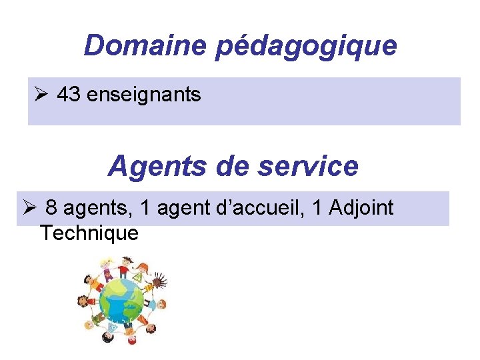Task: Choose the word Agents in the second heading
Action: pos(157,166)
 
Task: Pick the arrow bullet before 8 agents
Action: pos(29,208)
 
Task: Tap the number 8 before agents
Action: pos(51,208)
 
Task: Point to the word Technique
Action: pos(89,233)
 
